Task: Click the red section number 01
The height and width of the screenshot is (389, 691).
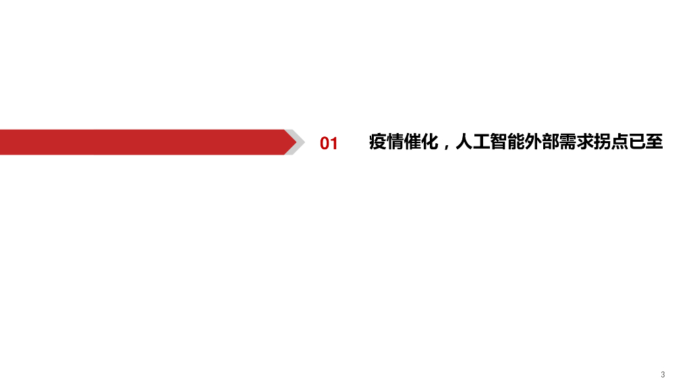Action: [329, 143]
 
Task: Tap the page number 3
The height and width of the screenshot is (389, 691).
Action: [663, 374]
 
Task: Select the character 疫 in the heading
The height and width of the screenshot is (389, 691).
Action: [378, 142]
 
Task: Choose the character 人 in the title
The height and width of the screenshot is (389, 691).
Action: [464, 142]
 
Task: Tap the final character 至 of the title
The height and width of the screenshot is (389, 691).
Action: [655, 142]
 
